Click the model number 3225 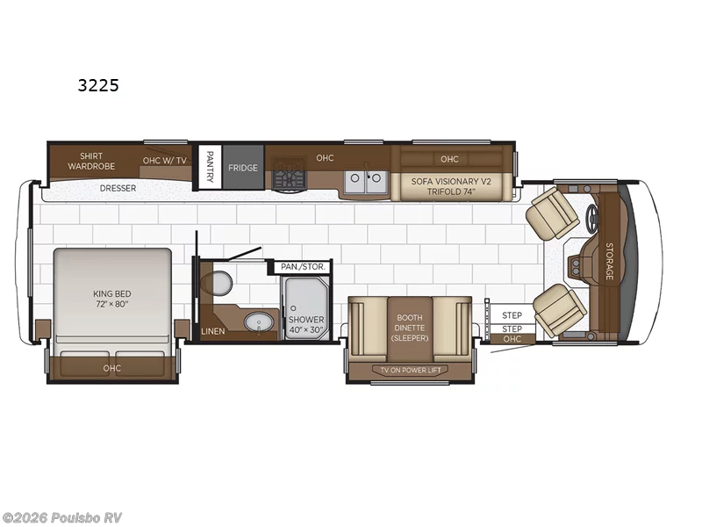click(x=98, y=85)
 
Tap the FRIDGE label click(x=243, y=168)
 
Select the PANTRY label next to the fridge click(x=210, y=166)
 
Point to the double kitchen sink click(x=366, y=182)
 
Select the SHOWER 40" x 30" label click(x=306, y=324)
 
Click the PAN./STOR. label click(x=303, y=267)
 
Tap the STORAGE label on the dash click(x=609, y=261)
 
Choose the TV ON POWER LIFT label click(x=411, y=370)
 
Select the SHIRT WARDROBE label click(x=91, y=161)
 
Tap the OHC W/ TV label click(x=165, y=161)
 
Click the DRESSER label click(x=118, y=188)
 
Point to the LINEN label click(x=213, y=332)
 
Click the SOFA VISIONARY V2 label click(x=451, y=182)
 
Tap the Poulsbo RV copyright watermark click(x=61, y=517)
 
